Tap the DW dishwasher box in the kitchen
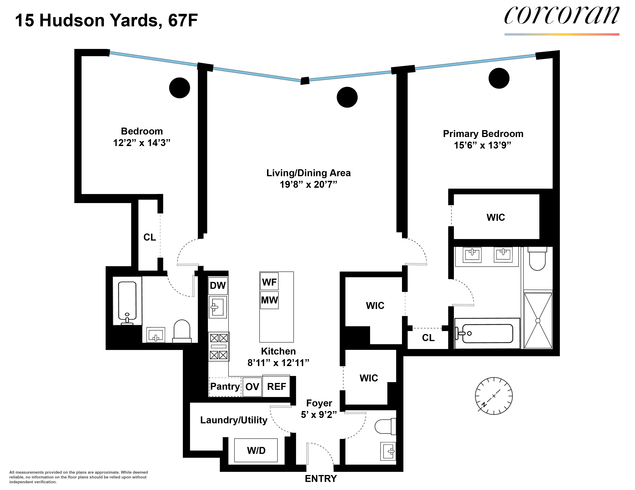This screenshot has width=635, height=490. [x=218, y=285]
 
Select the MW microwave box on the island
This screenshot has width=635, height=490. [x=269, y=300]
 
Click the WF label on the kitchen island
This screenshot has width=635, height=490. [x=269, y=282]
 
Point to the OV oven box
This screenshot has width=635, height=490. [x=252, y=386]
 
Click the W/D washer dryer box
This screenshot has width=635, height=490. [x=256, y=450]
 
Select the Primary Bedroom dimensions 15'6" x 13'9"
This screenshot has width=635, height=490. [x=482, y=145]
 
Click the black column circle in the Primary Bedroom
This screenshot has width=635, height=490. [x=499, y=78]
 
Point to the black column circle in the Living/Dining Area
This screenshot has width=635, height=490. [x=347, y=97]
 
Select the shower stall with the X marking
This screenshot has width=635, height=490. [x=538, y=321]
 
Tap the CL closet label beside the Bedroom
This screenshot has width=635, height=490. [x=150, y=237]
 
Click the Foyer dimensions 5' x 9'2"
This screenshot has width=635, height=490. [x=319, y=414]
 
